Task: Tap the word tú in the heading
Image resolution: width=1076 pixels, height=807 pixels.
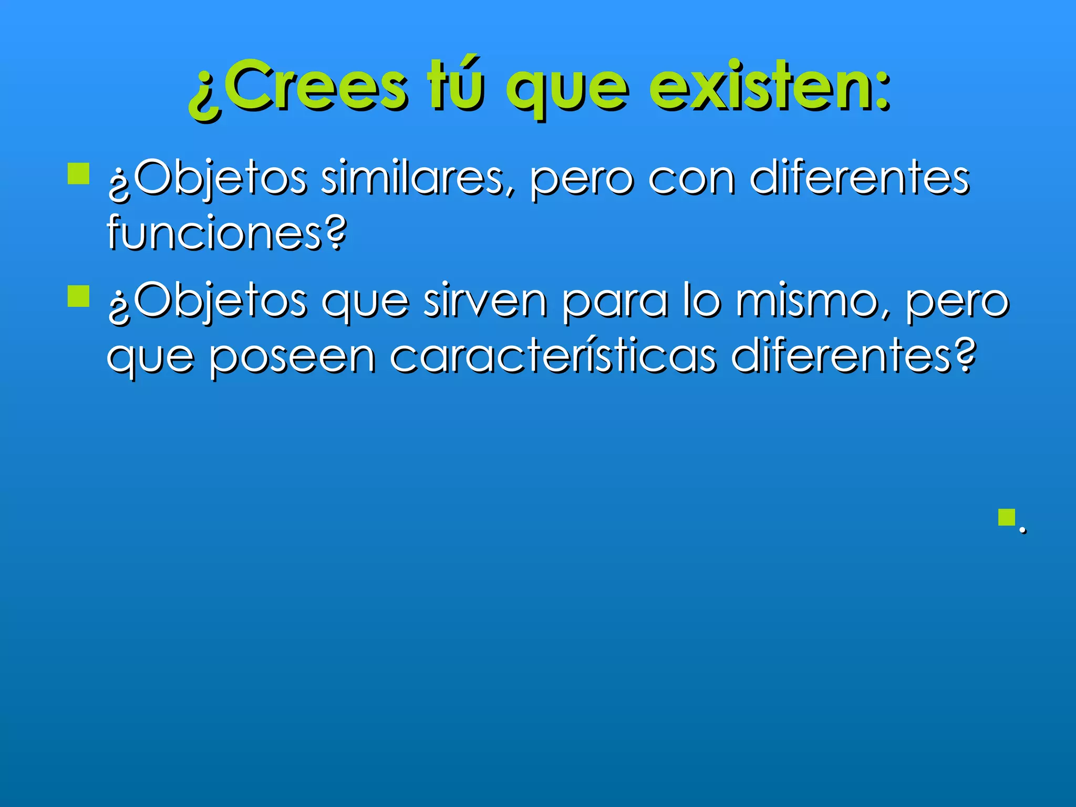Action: [x=455, y=84]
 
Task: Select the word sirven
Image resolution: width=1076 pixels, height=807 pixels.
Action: [x=485, y=302]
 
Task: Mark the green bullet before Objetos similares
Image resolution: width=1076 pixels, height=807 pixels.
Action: [x=79, y=173]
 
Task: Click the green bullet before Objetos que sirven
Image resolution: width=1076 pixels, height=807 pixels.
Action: [x=79, y=296]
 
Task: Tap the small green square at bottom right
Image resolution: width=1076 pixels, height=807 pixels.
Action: [x=1007, y=518]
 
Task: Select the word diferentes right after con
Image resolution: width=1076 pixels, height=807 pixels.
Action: [x=859, y=179]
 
